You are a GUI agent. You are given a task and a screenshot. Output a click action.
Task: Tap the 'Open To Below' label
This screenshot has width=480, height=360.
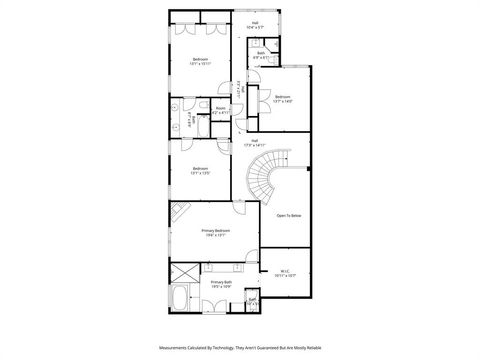[290, 215]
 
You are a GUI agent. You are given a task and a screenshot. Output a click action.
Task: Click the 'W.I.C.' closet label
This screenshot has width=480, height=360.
[285, 272]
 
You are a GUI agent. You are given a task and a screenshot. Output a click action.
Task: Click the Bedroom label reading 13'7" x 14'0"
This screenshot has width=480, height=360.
[282, 99]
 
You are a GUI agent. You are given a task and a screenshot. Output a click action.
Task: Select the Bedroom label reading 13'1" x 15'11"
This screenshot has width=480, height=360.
[199, 61]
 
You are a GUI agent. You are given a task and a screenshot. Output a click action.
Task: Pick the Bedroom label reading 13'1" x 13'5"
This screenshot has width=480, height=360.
[199, 170]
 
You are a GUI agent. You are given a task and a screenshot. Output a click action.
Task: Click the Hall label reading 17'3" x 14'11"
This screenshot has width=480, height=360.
[255, 142]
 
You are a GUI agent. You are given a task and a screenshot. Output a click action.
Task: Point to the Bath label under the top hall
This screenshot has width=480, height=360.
[260, 55]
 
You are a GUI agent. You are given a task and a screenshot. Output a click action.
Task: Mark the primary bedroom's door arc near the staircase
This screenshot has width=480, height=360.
[241, 207]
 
